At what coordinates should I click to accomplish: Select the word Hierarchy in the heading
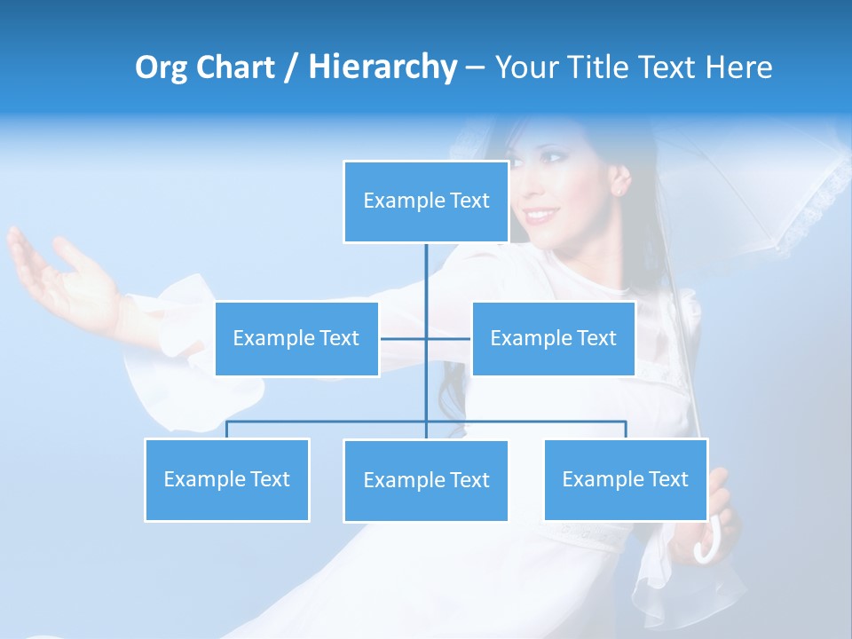click(x=383, y=67)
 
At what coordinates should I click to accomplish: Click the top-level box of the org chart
click(x=426, y=201)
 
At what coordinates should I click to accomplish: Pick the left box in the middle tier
click(x=296, y=338)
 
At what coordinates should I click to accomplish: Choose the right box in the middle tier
click(x=553, y=338)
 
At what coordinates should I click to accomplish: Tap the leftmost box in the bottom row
click(x=226, y=479)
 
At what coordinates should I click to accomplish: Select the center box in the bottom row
click(x=426, y=480)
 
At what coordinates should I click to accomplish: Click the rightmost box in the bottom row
click(x=625, y=479)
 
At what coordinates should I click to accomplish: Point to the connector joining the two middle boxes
click(x=426, y=338)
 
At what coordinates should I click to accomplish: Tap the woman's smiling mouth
click(x=540, y=216)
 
